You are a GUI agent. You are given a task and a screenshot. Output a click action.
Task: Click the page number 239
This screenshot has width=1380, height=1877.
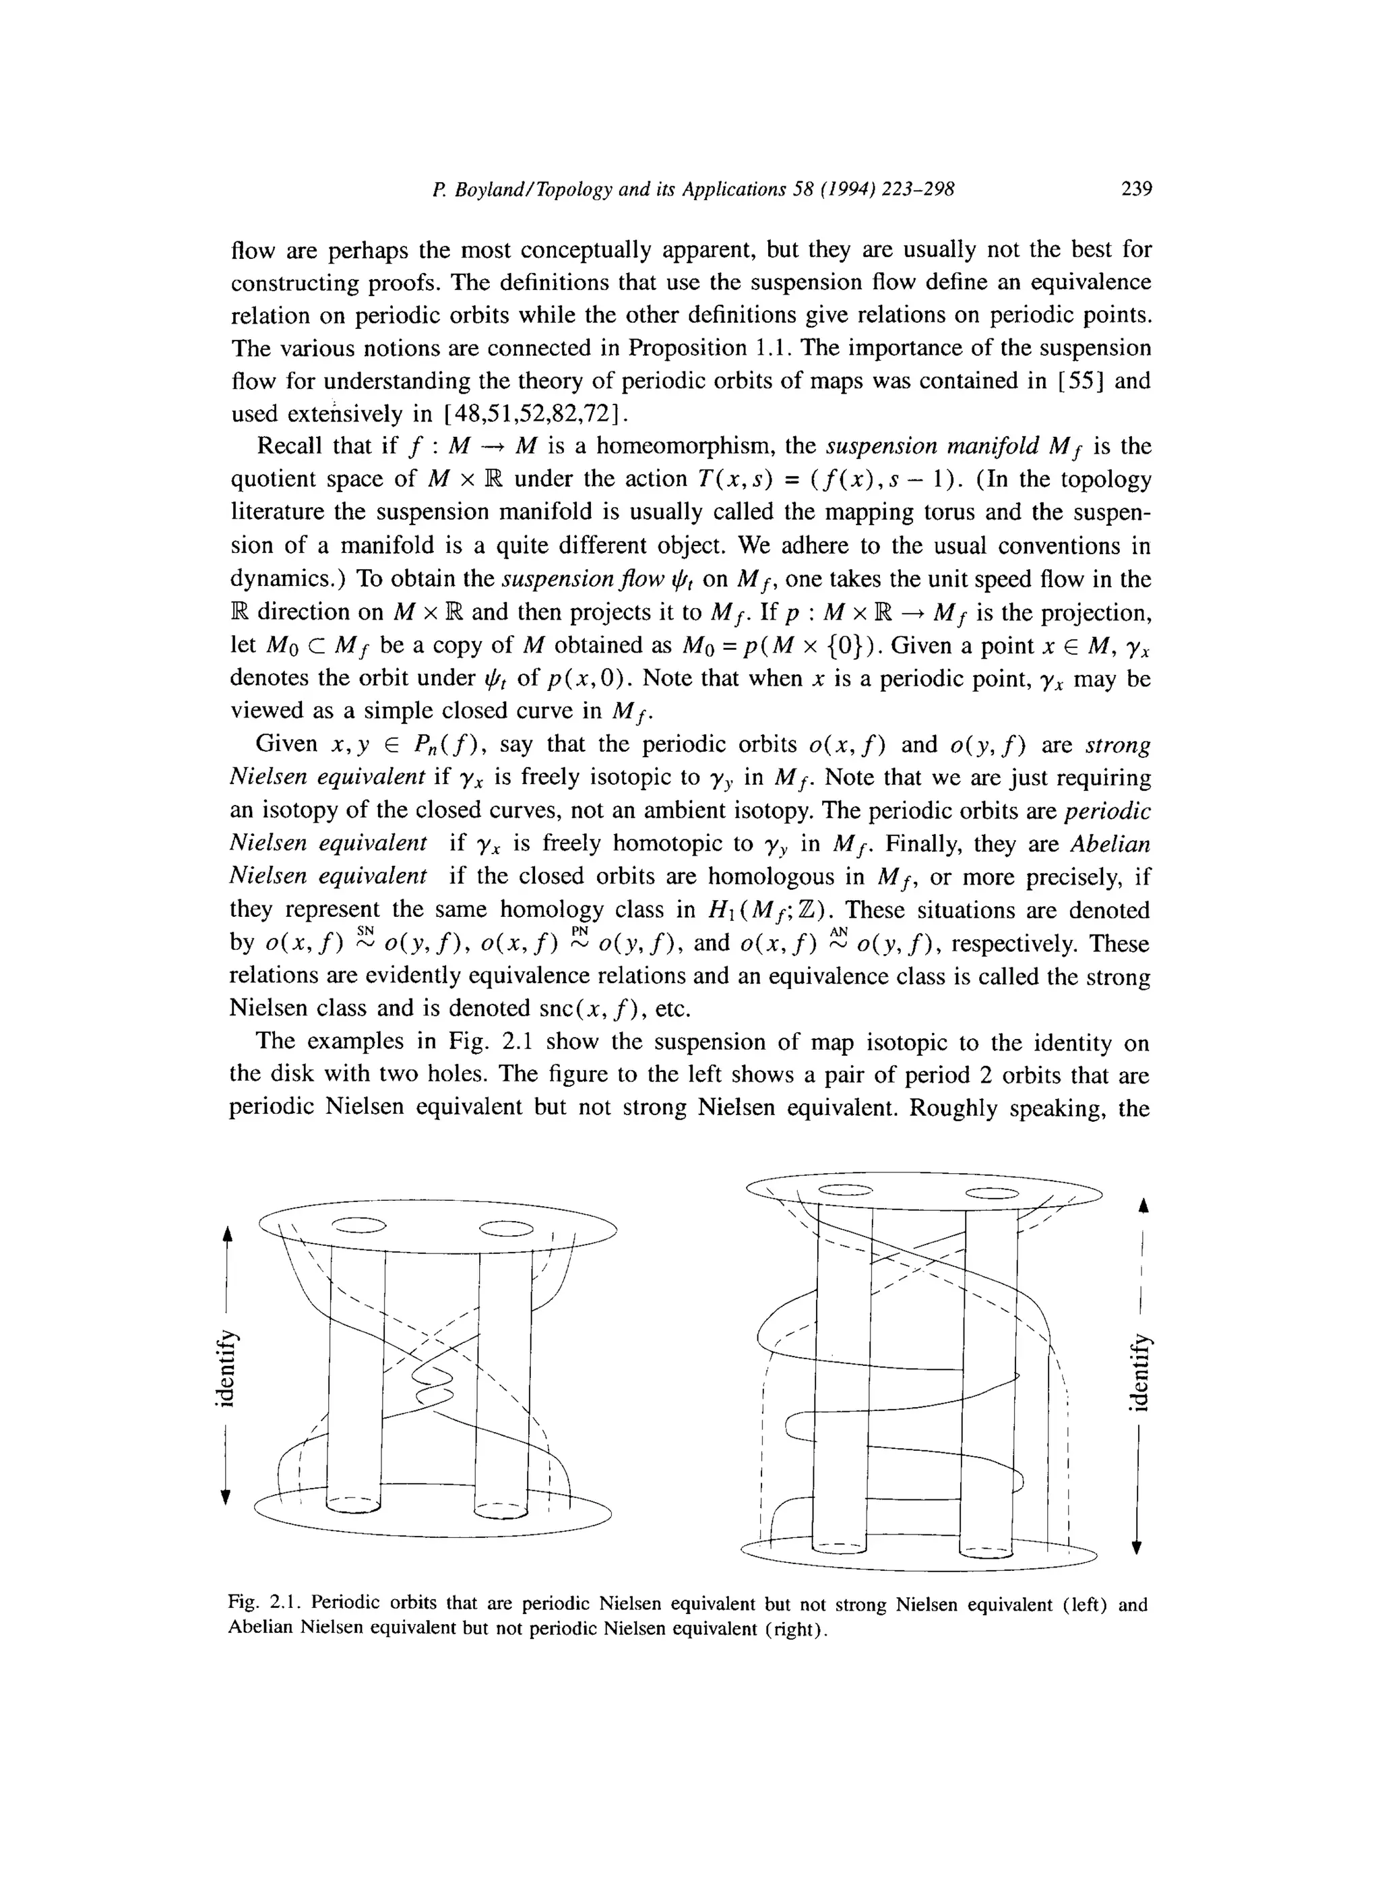pyautogui.click(x=1136, y=189)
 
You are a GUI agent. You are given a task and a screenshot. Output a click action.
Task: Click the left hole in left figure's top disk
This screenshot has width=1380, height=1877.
pyautogui.click(x=359, y=1226)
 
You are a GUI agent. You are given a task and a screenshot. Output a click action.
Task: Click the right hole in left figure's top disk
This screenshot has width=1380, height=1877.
pyautogui.click(x=507, y=1228)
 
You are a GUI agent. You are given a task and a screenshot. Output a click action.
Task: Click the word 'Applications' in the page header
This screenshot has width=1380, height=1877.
pyautogui.click(x=735, y=189)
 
